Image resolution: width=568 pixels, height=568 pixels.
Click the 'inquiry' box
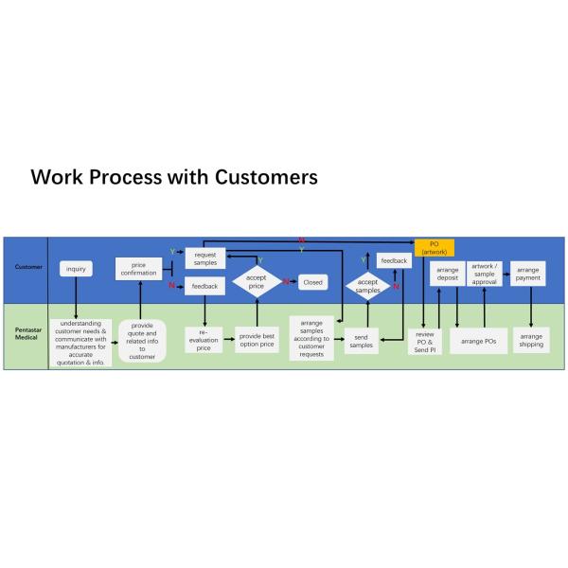(x=76, y=269)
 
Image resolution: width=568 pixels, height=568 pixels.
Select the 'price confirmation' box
(x=139, y=269)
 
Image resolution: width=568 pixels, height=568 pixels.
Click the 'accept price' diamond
(x=256, y=282)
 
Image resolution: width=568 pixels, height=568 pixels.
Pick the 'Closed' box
(x=312, y=282)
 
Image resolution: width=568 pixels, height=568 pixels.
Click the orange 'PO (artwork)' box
(x=435, y=248)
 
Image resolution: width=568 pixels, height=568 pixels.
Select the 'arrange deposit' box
(x=448, y=275)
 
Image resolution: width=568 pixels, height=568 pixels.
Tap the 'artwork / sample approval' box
(x=484, y=274)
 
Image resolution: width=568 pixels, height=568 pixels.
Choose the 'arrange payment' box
(x=528, y=274)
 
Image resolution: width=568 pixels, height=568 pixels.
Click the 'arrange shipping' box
(x=531, y=340)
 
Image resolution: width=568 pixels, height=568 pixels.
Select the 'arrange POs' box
(x=479, y=340)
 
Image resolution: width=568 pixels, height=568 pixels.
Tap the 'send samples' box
(x=361, y=340)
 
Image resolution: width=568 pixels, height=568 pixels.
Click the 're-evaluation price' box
(x=204, y=342)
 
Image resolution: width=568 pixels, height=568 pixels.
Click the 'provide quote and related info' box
(x=142, y=342)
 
